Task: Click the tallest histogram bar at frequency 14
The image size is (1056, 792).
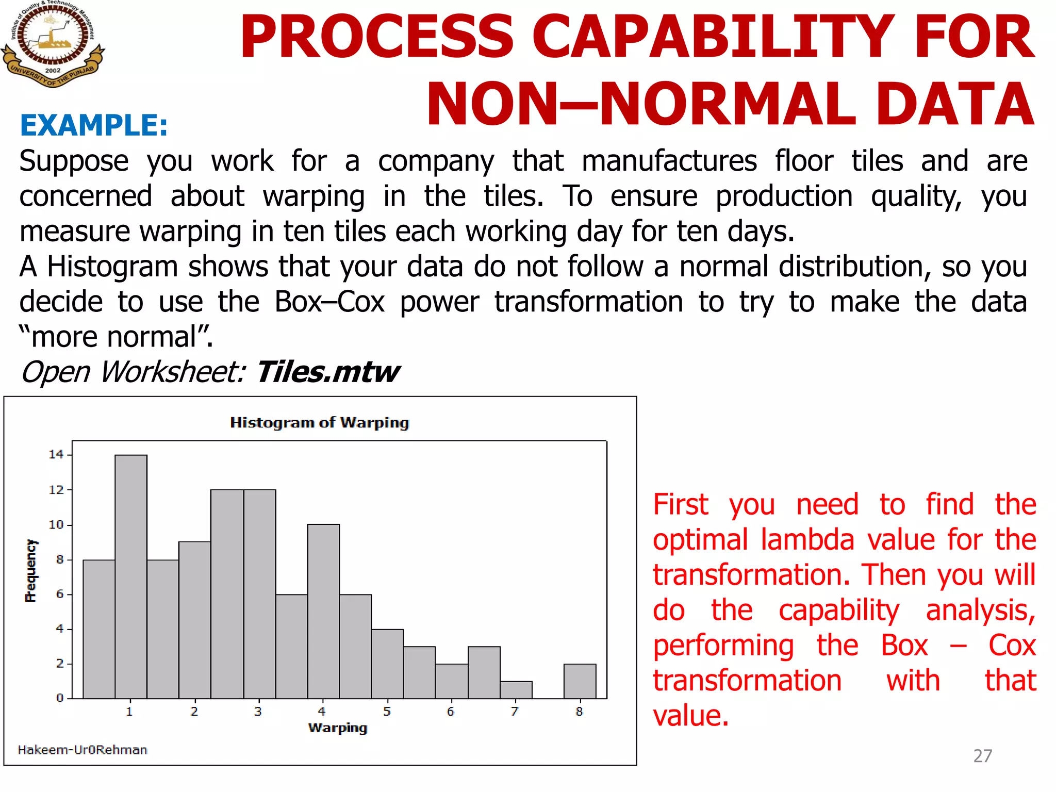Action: click(x=131, y=576)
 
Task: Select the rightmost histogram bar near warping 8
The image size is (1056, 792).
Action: click(x=580, y=681)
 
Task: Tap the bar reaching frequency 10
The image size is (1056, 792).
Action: click(x=323, y=611)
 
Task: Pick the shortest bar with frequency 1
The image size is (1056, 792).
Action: click(x=516, y=690)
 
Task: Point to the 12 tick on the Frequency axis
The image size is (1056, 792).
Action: click(x=56, y=490)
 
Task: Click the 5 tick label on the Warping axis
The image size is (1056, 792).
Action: click(x=387, y=712)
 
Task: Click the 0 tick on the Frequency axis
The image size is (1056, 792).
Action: click(x=60, y=698)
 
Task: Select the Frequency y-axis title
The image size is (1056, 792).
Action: click(x=31, y=571)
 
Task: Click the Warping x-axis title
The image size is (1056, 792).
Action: click(x=338, y=728)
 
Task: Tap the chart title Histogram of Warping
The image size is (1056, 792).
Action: click(x=319, y=422)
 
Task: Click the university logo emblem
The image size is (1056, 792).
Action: click(x=52, y=43)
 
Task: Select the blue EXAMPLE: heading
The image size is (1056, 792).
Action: click(x=94, y=125)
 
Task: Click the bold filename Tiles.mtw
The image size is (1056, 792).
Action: click(x=327, y=372)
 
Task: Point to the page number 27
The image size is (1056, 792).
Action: click(x=982, y=755)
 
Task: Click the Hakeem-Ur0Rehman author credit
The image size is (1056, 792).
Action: click(x=82, y=750)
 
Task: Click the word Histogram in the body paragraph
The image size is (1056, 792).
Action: click(x=112, y=267)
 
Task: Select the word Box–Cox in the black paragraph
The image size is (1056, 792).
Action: click(x=329, y=302)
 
